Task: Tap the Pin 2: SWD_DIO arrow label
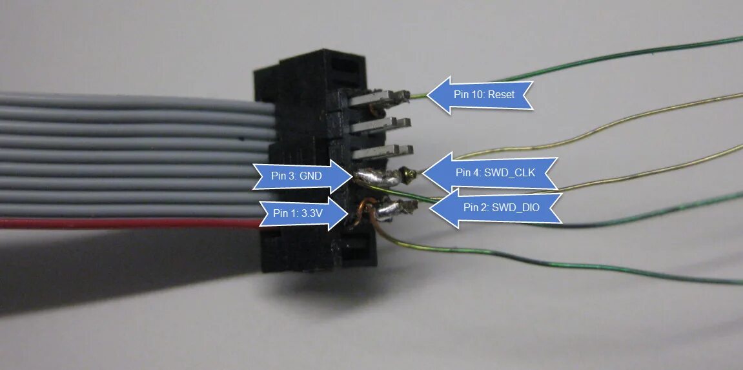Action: click(x=497, y=207)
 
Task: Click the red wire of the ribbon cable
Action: click(x=129, y=223)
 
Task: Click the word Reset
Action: click(x=502, y=95)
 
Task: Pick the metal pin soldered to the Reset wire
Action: click(x=381, y=98)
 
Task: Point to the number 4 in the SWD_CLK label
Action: click(x=477, y=172)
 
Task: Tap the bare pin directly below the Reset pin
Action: click(x=381, y=125)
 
